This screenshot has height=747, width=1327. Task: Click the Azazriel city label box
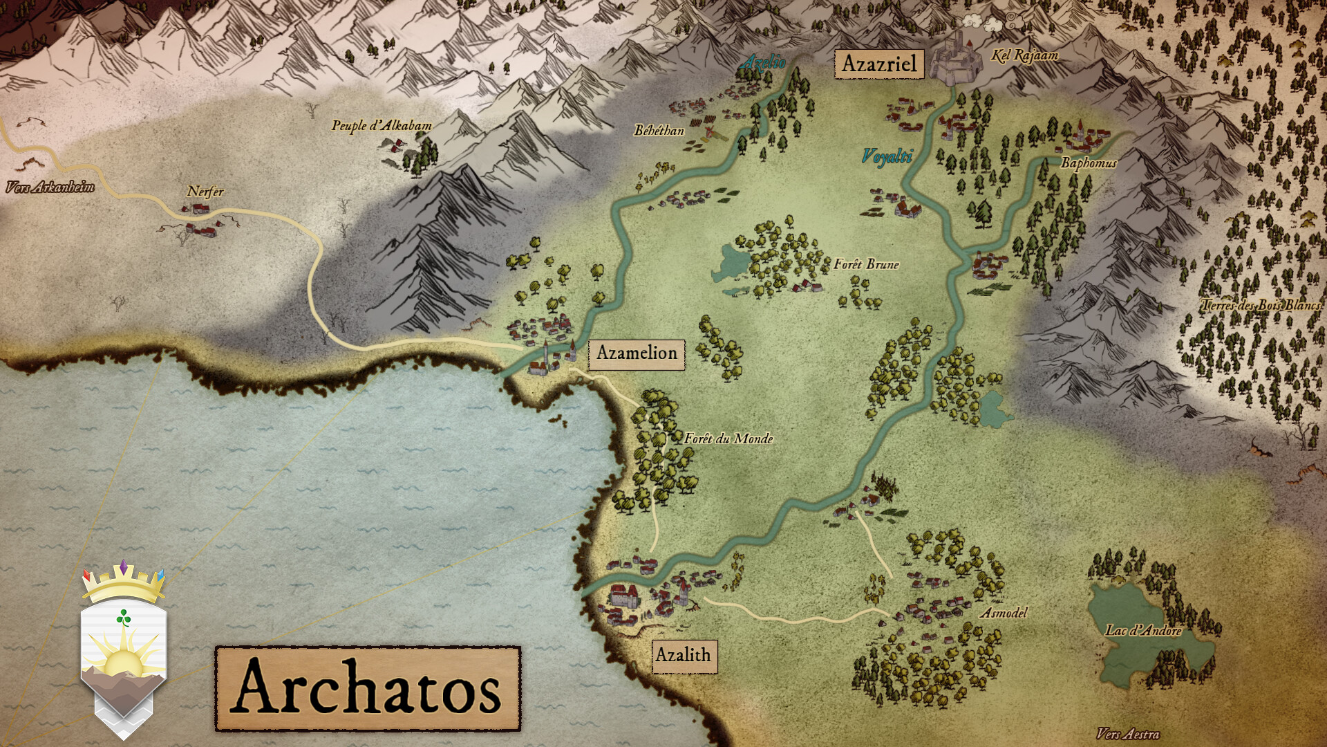878,64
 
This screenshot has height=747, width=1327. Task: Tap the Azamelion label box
637,353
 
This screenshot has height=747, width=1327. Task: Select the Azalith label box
684,655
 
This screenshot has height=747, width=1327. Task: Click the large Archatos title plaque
368,688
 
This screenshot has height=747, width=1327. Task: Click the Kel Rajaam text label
1024,55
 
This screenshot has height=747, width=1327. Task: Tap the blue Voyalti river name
887,156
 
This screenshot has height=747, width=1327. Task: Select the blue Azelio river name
764,63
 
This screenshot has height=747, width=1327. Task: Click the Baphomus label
1088,163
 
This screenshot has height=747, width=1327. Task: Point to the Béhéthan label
659,130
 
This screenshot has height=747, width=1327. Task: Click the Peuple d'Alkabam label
382,126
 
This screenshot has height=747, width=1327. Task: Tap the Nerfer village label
205,192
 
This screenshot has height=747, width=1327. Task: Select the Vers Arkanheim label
50,187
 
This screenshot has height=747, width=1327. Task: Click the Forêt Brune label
866,264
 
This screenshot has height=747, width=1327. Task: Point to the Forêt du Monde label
728,439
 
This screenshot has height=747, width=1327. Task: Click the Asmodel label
1004,613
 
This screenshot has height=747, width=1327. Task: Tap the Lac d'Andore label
1143,630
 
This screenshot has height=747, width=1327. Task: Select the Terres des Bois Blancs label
1261,305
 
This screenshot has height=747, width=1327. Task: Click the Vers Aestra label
1128,734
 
